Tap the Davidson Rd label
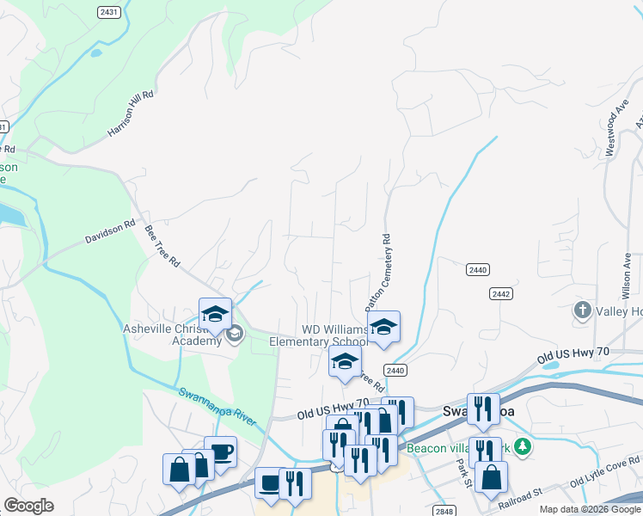click(110, 233)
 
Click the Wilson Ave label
click(626, 267)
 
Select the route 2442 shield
click(501, 294)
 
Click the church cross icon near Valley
click(582, 310)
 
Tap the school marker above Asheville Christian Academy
click(215, 314)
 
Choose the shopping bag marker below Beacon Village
click(490, 478)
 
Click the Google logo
click(28, 506)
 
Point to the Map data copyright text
click(589, 509)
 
